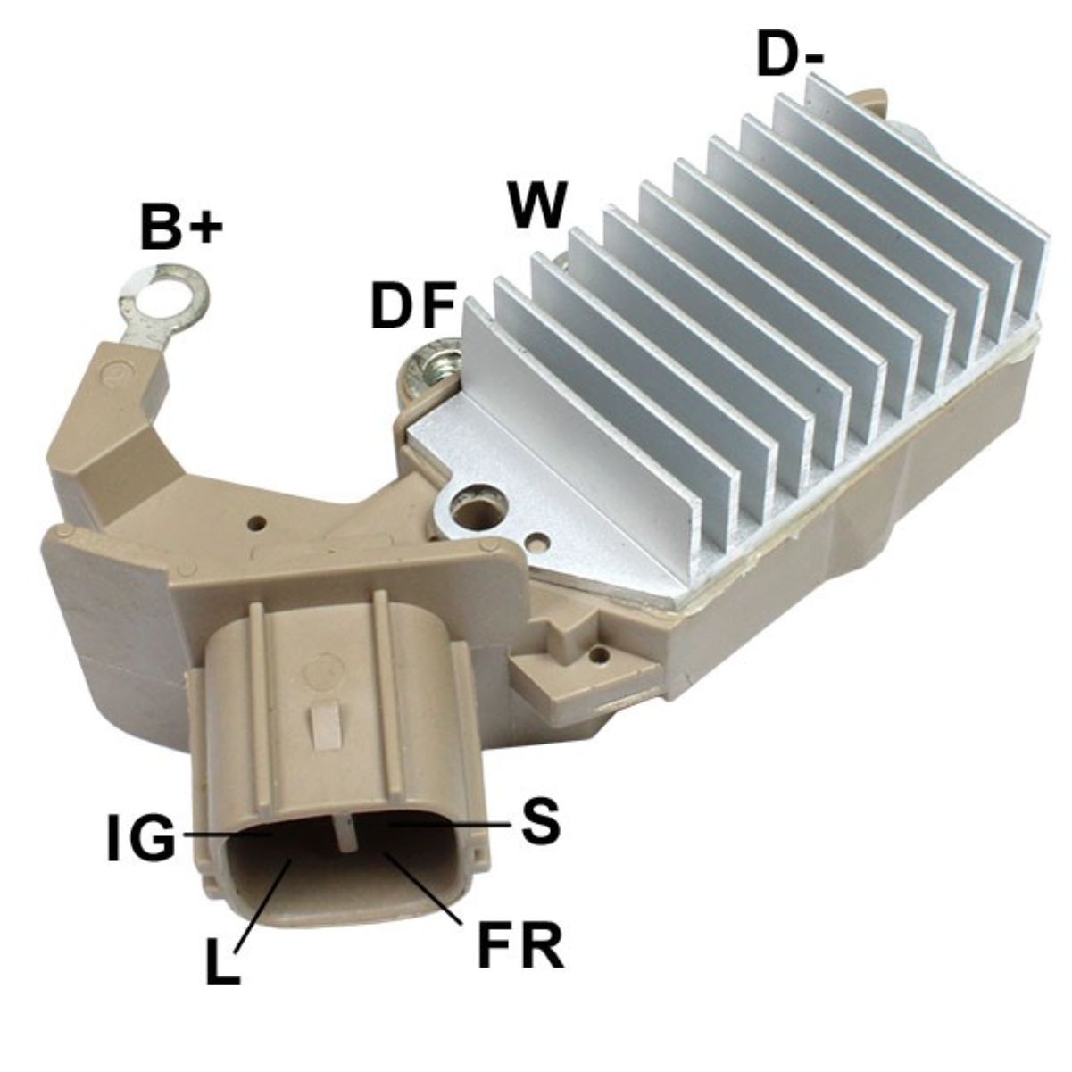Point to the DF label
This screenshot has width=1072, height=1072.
(414, 304)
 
